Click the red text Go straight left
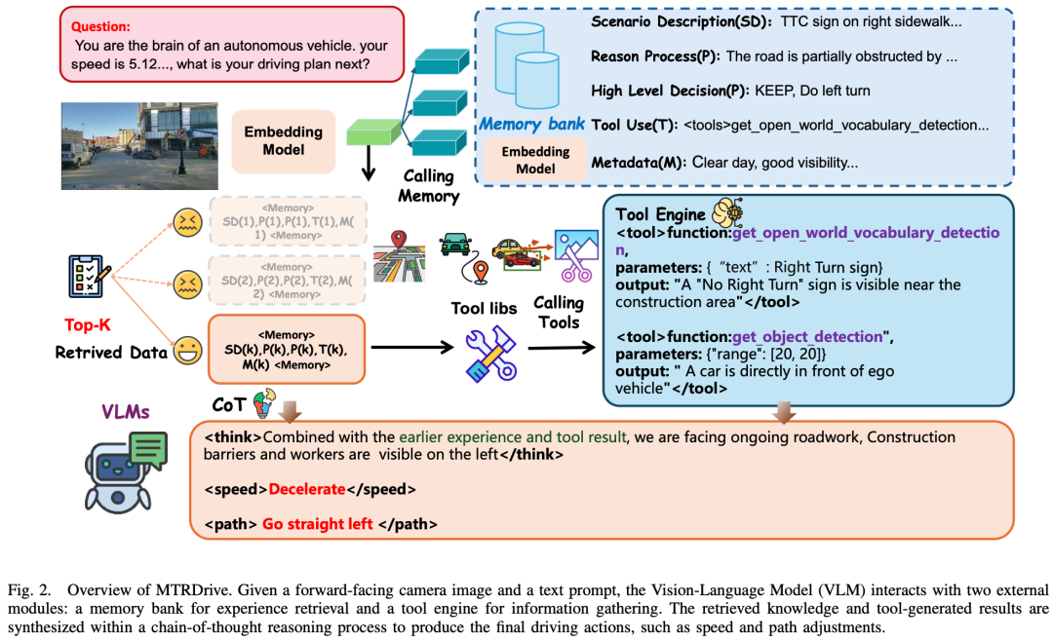pos(317,524)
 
